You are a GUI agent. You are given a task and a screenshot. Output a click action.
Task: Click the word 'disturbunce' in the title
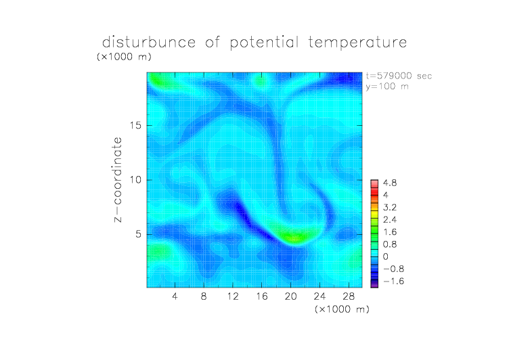[x=149, y=42]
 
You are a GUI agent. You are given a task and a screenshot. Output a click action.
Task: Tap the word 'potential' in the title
[x=264, y=43]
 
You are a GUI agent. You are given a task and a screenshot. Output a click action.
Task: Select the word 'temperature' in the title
[x=357, y=43]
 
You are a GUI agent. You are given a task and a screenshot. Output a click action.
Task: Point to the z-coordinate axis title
[x=118, y=179]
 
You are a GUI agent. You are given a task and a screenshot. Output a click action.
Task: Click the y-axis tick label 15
[x=135, y=125]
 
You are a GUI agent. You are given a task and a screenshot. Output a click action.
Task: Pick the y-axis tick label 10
[x=135, y=180]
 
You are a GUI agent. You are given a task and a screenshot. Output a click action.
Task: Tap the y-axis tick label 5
[x=139, y=234]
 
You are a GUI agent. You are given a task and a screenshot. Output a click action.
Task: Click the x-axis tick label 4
[x=175, y=296]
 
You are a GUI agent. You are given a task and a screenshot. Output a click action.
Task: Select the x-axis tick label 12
[x=233, y=296]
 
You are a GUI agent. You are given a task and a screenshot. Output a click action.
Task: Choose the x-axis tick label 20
[x=290, y=296]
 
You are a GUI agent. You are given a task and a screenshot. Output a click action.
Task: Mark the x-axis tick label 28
[x=349, y=296]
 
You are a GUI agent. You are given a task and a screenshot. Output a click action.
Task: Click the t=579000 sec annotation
[x=399, y=76]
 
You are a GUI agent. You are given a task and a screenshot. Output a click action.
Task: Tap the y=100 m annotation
[x=387, y=87]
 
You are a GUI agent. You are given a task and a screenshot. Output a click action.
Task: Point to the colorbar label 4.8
[x=390, y=183]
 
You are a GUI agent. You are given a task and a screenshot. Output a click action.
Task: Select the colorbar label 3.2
[x=390, y=208]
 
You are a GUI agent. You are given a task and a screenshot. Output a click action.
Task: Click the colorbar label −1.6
[x=393, y=281]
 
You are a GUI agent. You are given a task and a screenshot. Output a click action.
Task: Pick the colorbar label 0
[x=386, y=256]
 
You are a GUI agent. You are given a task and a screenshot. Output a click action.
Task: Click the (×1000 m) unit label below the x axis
[x=342, y=309]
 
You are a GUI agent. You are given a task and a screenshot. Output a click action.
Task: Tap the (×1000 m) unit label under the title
[x=124, y=57]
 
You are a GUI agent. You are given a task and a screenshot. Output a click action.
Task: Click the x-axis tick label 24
[x=319, y=296]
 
